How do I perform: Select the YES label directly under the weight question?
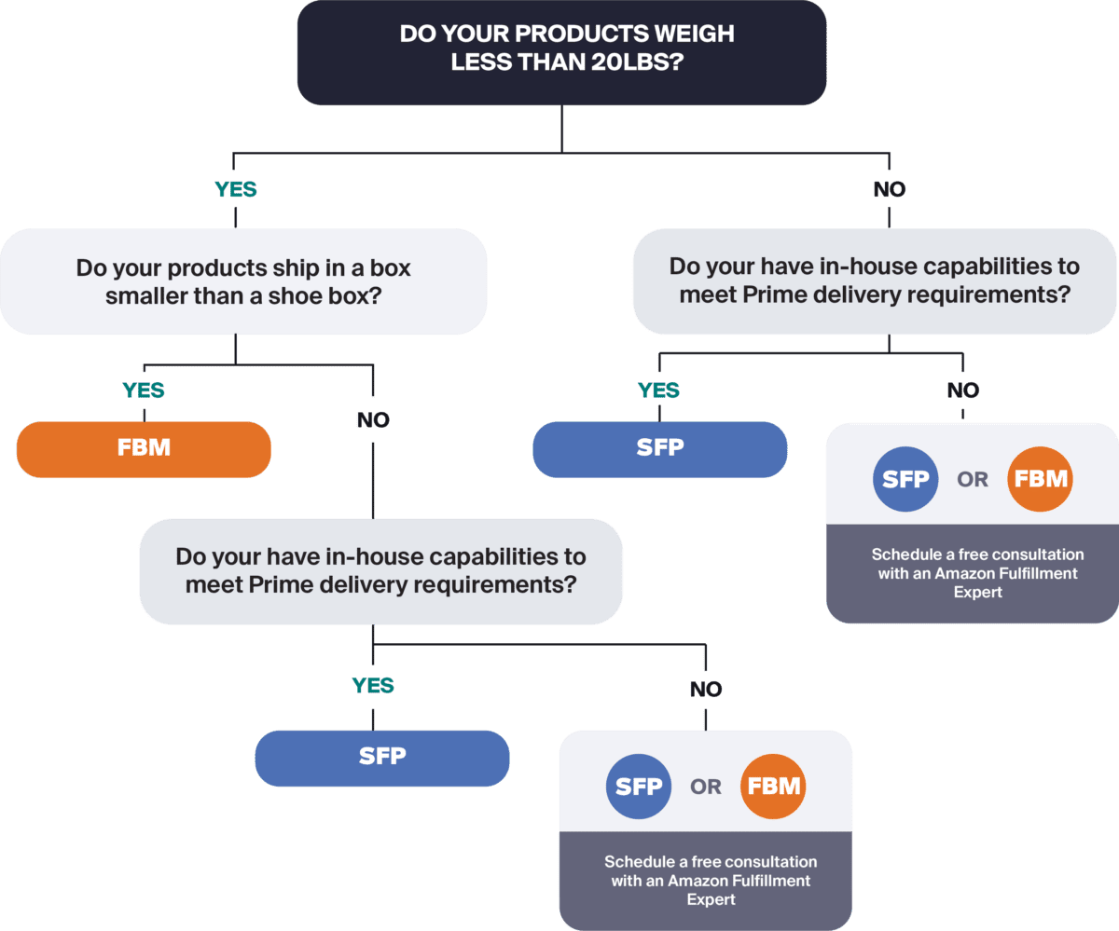[x=236, y=189]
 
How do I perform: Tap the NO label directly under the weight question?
[x=889, y=189]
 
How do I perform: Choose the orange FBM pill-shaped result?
[x=144, y=448]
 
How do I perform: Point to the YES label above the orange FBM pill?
[x=144, y=390]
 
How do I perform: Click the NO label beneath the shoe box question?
[x=373, y=420]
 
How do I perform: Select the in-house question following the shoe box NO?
[x=380, y=570]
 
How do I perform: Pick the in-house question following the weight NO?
[x=875, y=280]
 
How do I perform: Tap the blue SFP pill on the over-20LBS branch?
[x=660, y=448]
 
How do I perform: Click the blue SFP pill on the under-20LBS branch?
[x=382, y=757]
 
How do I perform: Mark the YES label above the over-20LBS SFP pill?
[x=659, y=390]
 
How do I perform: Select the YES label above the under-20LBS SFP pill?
[x=373, y=686]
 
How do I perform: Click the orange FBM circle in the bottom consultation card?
[x=773, y=786]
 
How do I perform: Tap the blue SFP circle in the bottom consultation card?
[x=639, y=786]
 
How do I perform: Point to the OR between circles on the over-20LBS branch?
[x=973, y=480]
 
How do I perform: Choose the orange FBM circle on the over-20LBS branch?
[x=1041, y=480]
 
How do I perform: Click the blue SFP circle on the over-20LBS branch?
[x=905, y=480]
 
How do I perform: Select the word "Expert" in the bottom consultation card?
[x=711, y=899]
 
